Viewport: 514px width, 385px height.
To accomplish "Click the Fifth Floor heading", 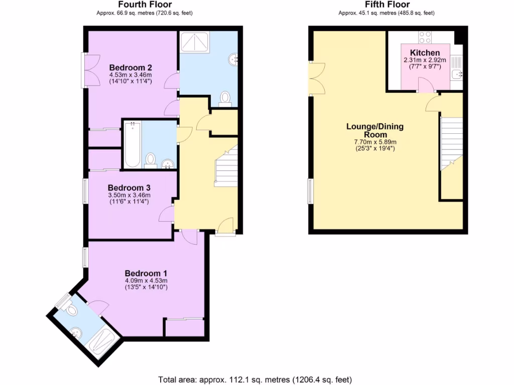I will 387,5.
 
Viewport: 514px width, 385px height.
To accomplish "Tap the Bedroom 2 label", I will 131,68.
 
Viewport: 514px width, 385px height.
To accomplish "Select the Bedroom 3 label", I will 130,187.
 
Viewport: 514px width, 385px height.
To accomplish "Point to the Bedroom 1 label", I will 146,273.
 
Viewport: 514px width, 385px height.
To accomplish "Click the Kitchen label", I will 425,53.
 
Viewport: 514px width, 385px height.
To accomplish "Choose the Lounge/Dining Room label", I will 374,130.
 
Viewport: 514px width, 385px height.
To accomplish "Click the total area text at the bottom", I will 258,379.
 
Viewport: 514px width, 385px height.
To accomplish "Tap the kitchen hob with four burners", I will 425,37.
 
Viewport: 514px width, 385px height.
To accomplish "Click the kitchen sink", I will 456,74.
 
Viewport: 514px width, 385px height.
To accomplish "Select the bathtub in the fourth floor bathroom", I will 132,144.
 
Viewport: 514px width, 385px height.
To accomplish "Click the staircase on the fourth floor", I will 226,168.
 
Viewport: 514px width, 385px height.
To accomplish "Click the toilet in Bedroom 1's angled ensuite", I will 71,311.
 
